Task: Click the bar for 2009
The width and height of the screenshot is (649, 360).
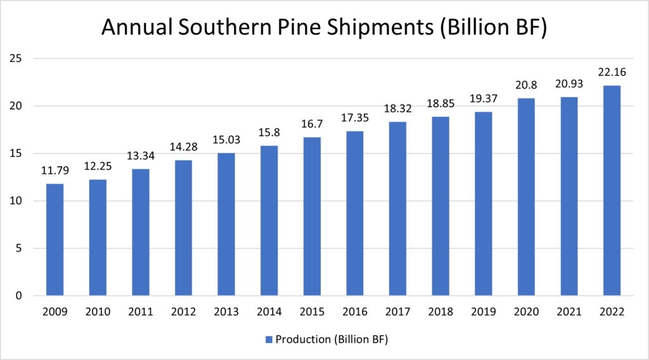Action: (x=55, y=240)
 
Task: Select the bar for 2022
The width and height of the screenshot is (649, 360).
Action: (x=612, y=190)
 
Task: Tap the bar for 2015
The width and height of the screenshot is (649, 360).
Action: (x=312, y=216)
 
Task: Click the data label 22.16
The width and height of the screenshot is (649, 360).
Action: (x=612, y=73)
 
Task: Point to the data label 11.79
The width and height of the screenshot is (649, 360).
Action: (x=55, y=171)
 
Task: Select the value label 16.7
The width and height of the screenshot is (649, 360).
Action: (x=312, y=124)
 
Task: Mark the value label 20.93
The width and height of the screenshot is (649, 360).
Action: (x=569, y=84)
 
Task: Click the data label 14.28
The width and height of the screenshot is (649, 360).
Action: (x=183, y=147)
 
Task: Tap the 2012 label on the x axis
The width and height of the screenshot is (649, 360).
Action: (x=183, y=312)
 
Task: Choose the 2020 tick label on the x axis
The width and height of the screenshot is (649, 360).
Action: (x=525, y=312)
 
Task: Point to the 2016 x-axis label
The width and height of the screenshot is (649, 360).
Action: (x=354, y=312)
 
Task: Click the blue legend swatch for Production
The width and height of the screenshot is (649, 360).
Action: (x=269, y=340)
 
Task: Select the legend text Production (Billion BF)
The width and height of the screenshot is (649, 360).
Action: (x=331, y=340)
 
